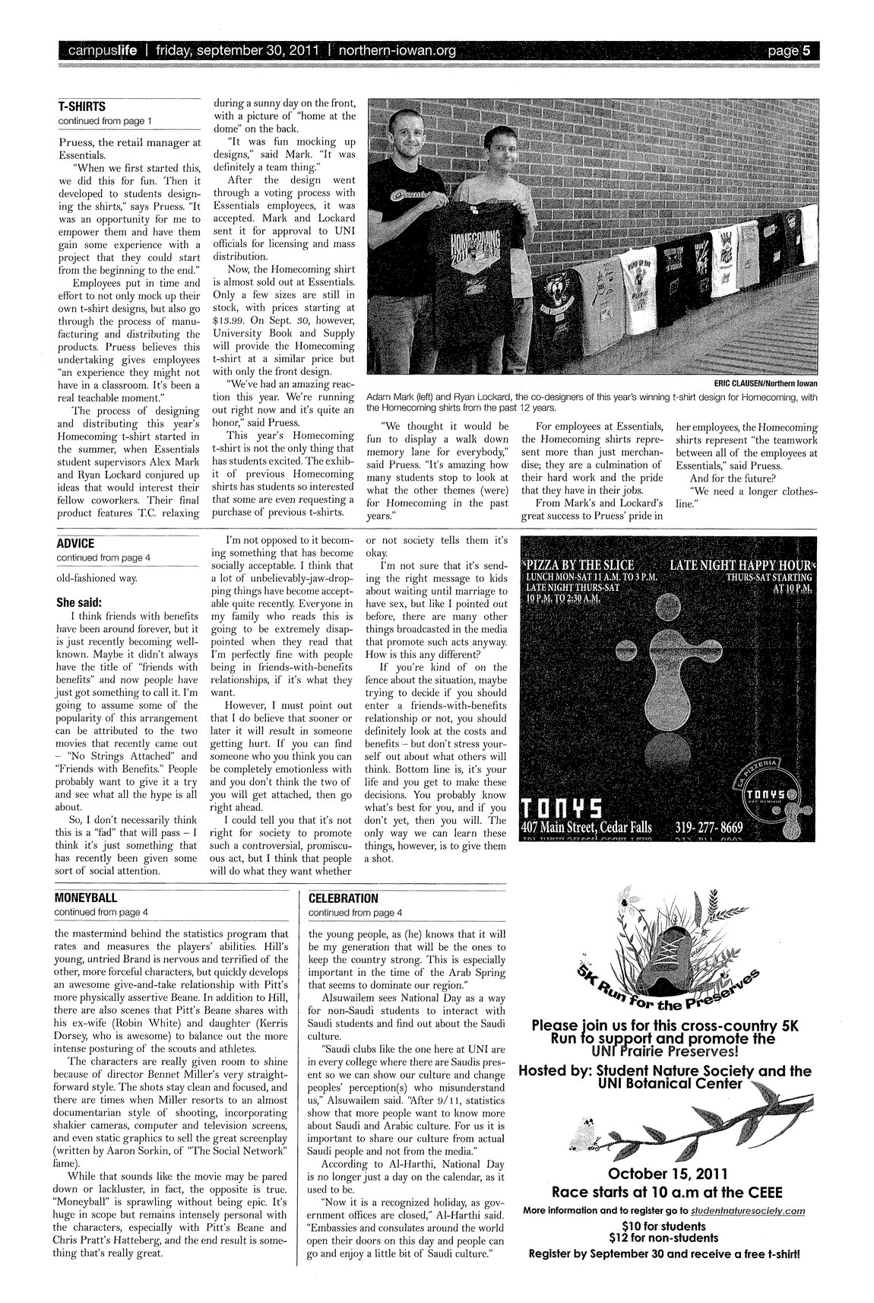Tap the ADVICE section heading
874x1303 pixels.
[x=75, y=543]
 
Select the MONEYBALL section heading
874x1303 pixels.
[x=85, y=898]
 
